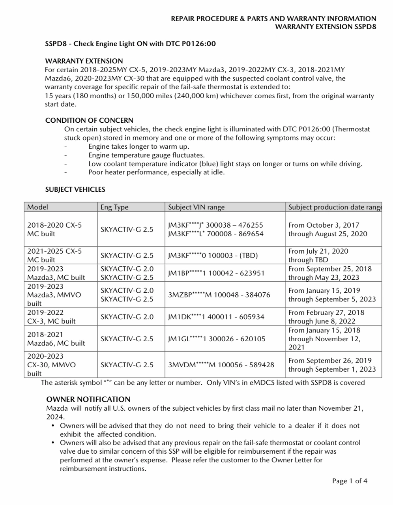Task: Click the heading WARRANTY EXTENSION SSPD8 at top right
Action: click(x=325, y=27)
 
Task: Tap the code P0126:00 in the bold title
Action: click(x=199, y=44)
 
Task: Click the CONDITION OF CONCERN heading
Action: click(x=89, y=120)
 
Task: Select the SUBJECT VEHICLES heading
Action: click(x=75, y=189)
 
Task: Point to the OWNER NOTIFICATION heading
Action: click(x=88, y=399)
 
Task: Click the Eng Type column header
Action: click(x=114, y=207)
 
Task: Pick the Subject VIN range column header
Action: click(x=196, y=207)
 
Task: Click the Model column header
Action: click(x=38, y=207)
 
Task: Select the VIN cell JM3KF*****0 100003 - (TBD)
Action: click(x=213, y=256)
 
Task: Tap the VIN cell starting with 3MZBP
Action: click(x=219, y=295)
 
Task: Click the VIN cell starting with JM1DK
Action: click(x=216, y=317)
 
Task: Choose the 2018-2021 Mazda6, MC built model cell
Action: click(x=56, y=339)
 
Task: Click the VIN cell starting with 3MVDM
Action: click(x=221, y=365)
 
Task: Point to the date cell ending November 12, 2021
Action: click(x=324, y=339)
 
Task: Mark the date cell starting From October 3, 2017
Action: click(x=327, y=230)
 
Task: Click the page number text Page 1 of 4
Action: click(x=350, y=481)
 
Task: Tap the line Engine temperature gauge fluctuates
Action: click(x=146, y=155)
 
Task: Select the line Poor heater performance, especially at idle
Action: click(x=156, y=172)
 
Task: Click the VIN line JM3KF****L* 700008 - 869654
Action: click(x=215, y=234)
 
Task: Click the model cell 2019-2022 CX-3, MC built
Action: click(x=51, y=317)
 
